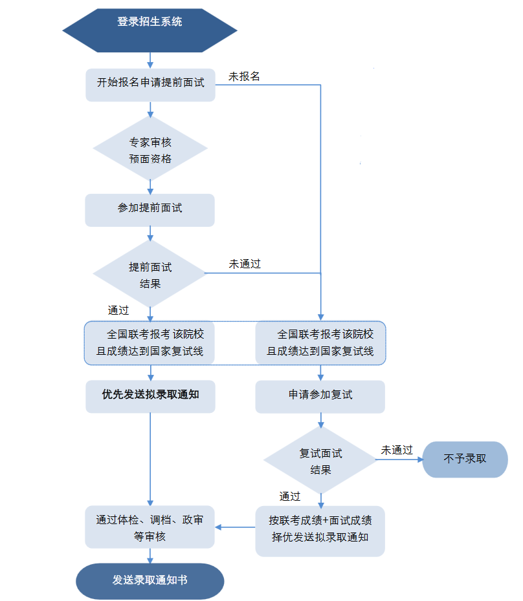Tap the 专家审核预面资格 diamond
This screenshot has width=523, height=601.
(x=150, y=149)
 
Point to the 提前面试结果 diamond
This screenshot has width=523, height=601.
(x=150, y=274)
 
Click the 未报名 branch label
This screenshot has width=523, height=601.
(x=244, y=76)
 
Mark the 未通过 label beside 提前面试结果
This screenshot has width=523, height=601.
(x=245, y=264)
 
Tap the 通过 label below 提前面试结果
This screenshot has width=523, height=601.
(x=118, y=310)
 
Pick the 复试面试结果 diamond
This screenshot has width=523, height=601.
(x=320, y=461)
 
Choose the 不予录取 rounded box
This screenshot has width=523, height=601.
(x=465, y=459)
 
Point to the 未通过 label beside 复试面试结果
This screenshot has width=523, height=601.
(x=397, y=450)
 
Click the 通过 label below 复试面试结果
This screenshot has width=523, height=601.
(x=290, y=496)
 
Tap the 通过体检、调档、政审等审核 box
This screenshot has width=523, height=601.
(x=150, y=527)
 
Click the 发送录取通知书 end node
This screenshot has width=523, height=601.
(x=150, y=580)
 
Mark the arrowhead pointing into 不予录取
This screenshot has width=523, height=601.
(x=419, y=460)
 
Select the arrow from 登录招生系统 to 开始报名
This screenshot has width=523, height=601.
(x=150, y=60)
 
